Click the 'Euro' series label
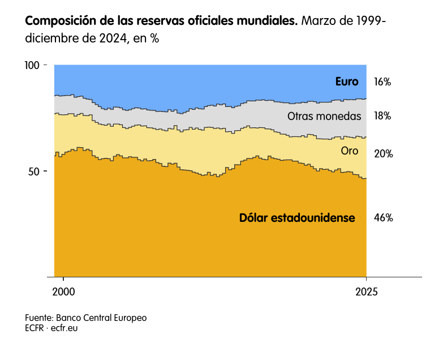347,82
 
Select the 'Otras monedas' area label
324,116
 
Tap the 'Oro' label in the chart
350,151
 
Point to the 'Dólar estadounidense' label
297,217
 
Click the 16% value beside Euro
382,82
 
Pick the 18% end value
382,116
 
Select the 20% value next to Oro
383,153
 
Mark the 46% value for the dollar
383,217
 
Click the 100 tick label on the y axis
32,66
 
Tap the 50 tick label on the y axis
35,172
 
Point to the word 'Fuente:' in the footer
38,318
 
